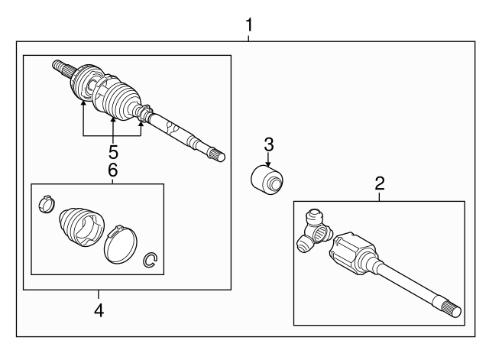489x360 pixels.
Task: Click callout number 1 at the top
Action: click(x=248, y=26)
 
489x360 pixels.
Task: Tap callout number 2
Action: click(x=379, y=183)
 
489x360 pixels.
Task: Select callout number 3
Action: click(x=268, y=144)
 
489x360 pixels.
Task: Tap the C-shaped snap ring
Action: click(x=151, y=261)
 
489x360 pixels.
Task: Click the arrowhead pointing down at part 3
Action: click(x=268, y=163)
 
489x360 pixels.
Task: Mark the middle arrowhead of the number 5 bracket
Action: click(x=112, y=119)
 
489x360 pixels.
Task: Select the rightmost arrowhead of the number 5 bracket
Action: click(x=141, y=120)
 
